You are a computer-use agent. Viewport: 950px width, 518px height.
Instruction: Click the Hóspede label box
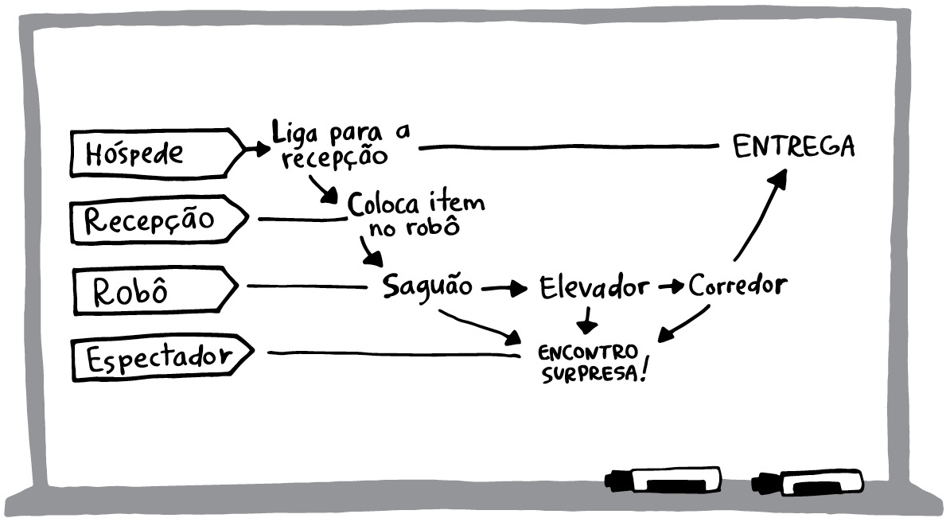coord(158,153)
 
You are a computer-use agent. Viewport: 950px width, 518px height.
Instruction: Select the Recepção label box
coord(159,220)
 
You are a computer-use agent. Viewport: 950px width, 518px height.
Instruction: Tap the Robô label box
coord(156,290)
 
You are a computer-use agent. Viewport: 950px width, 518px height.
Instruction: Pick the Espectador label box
coord(162,357)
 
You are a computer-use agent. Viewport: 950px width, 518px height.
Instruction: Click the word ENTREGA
coord(794,146)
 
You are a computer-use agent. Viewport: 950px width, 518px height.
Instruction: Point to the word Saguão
coord(427,286)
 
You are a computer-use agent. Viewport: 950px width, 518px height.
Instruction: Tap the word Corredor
coord(738,285)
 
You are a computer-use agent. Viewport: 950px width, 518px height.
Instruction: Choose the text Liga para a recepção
coord(339,144)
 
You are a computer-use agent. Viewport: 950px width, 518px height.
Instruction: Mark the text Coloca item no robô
coord(416,213)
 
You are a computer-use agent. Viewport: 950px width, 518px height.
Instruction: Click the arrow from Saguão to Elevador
coord(504,289)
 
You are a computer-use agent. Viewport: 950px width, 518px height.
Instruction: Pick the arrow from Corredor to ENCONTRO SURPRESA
coord(683,324)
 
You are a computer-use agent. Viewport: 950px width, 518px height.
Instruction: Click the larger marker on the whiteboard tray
coord(663,480)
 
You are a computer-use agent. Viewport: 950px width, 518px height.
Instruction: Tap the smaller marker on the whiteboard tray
coord(807,483)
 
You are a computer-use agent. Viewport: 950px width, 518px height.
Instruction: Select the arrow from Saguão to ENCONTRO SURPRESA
coord(479,325)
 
